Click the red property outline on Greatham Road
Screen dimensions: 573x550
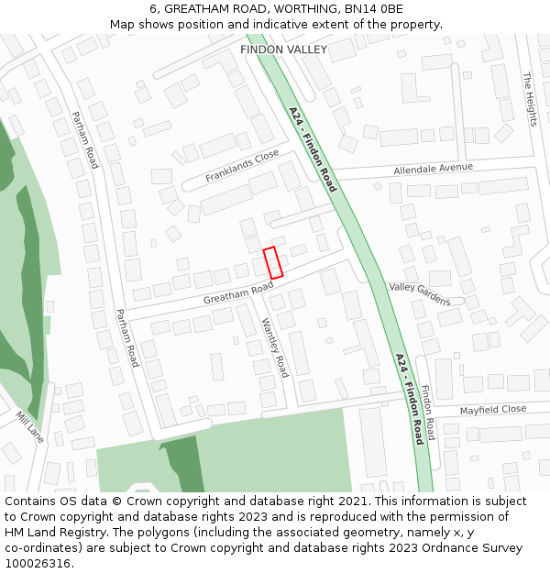(x=272, y=263)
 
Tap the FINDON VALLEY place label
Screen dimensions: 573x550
(x=283, y=50)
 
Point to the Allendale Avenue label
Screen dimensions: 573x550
(x=433, y=169)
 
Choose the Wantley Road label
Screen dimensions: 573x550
(x=275, y=347)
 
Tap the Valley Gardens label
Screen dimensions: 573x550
(x=420, y=293)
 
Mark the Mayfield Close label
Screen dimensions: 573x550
(x=493, y=410)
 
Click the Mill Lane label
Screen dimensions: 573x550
(x=29, y=423)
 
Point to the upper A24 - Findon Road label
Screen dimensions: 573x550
(x=313, y=149)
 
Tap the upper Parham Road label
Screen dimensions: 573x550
(x=84, y=139)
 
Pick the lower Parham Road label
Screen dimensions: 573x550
(x=126, y=337)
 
